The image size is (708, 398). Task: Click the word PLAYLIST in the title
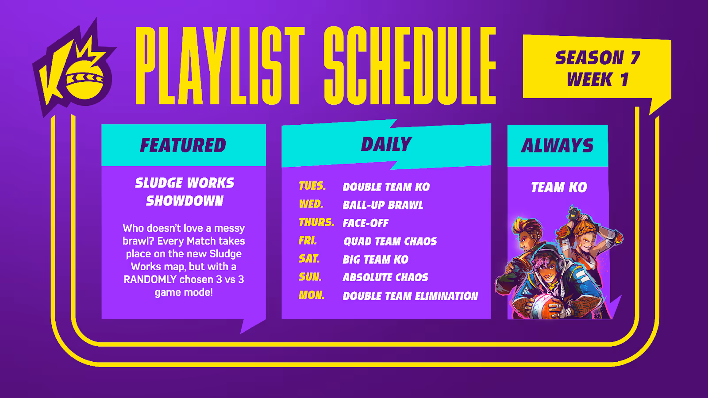220,65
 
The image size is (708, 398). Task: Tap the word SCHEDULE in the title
410,65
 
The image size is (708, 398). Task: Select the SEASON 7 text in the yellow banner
597,58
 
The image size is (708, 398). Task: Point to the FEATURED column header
183,145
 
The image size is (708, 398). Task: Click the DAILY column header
386,144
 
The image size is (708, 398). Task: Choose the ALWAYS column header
557,145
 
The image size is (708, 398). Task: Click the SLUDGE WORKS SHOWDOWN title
185,192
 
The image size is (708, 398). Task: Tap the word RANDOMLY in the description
150,279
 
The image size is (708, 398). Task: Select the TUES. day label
312,186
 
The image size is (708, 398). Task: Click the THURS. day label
316,222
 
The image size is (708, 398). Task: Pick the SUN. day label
310,277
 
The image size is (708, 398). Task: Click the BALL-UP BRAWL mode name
383,205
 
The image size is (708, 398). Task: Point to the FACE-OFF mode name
366,223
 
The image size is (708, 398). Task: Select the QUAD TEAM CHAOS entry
390,241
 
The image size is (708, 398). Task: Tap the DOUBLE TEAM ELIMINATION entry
410,296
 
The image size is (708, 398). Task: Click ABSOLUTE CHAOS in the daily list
385,278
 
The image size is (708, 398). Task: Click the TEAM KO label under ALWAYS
559,188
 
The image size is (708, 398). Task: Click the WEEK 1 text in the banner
597,79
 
